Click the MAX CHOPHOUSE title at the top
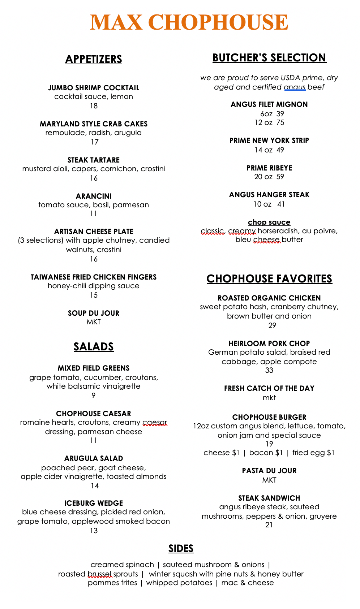(x=189, y=22)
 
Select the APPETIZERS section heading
(x=94, y=59)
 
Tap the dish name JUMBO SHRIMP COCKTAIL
(x=94, y=88)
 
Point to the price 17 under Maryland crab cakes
(x=94, y=142)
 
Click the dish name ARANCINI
(x=94, y=196)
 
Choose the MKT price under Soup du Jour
(x=94, y=322)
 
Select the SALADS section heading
(x=94, y=347)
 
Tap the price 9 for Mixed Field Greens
(x=94, y=396)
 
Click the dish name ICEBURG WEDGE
(x=94, y=503)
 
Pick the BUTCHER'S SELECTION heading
(x=269, y=58)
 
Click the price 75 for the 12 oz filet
(x=280, y=122)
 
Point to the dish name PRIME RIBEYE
(x=269, y=168)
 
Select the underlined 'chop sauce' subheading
(x=269, y=222)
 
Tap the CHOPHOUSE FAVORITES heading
(x=269, y=279)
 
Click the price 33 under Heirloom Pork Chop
(x=269, y=370)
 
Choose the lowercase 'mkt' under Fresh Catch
(x=269, y=398)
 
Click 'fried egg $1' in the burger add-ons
(x=313, y=453)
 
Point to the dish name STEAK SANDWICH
(x=269, y=498)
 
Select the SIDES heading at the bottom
(x=181, y=549)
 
